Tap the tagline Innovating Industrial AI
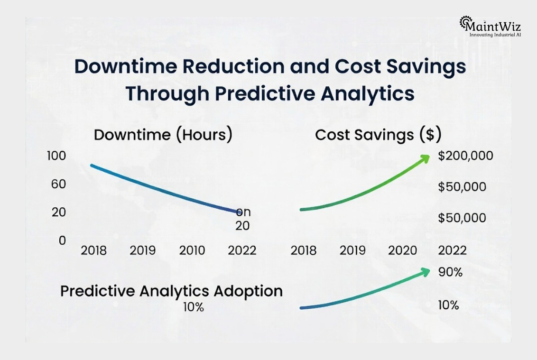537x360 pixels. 495,35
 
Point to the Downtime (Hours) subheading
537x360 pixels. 163,135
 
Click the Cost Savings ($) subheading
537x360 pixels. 378,135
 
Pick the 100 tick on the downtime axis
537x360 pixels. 56,156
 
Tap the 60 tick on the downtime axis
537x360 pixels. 59,184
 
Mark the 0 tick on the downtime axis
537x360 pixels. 62,240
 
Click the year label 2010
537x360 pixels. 192,250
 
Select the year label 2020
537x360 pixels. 402,250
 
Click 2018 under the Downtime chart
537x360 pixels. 93,250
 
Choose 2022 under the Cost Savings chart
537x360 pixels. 452,250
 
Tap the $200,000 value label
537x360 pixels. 465,156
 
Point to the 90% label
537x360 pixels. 450,273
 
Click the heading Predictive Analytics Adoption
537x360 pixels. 171,291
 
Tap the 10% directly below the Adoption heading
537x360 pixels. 194,307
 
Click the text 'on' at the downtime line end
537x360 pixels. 243,212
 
